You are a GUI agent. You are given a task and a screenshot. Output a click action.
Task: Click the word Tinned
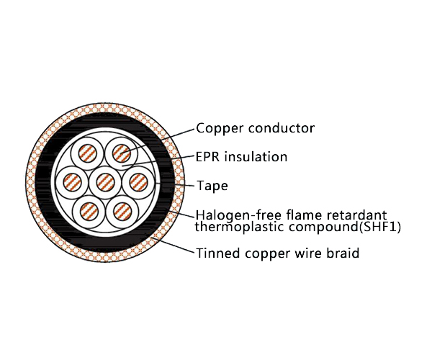pyautogui.click(x=215, y=253)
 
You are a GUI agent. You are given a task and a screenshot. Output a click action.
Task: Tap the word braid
pyautogui.click(x=343, y=253)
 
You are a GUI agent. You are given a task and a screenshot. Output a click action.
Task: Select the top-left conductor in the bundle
pyautogui.click(x=88, y=153)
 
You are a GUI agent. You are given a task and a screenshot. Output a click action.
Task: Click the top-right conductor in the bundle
pyautogui.click(x=120, y=153)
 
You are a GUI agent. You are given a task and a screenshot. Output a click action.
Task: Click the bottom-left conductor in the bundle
pyautogui.click(x=88, y=210)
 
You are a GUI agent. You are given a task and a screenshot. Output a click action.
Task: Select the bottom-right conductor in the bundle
pyautogui.click(x=120, y=210)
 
